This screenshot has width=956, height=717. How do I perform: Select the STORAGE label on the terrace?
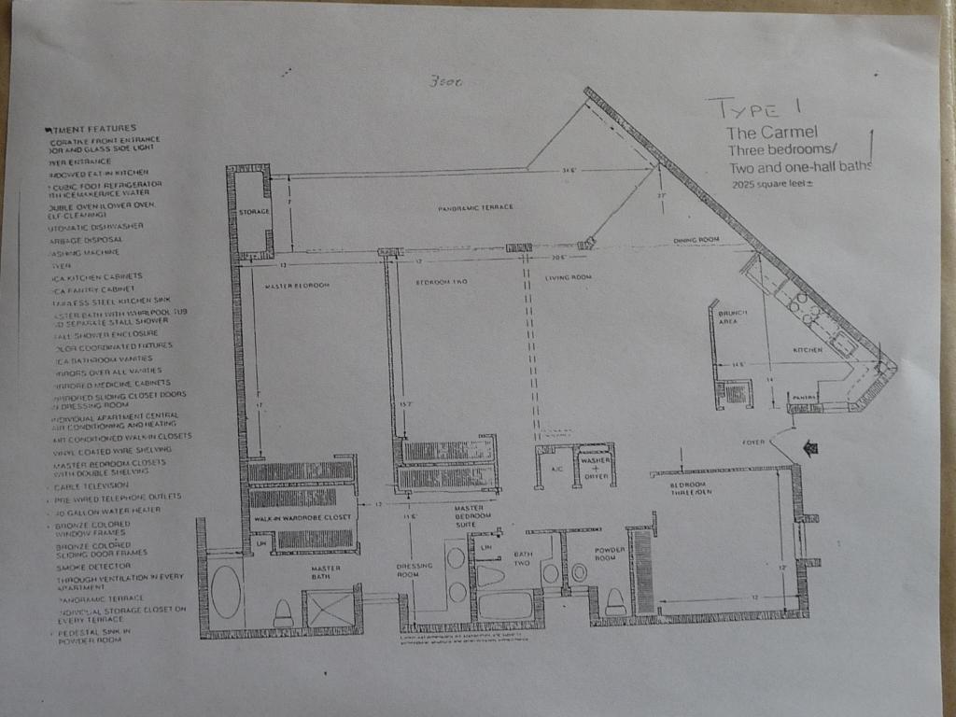[253, 212]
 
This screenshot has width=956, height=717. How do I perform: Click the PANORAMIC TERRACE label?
[475, 207]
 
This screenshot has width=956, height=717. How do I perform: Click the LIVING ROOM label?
[569, 277]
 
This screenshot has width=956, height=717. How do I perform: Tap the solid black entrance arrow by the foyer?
[809, 449]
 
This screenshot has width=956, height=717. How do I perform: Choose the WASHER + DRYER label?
[595, 468]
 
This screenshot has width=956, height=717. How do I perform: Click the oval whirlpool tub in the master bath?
[225, 592]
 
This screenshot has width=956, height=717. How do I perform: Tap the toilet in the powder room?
[615, 602]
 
